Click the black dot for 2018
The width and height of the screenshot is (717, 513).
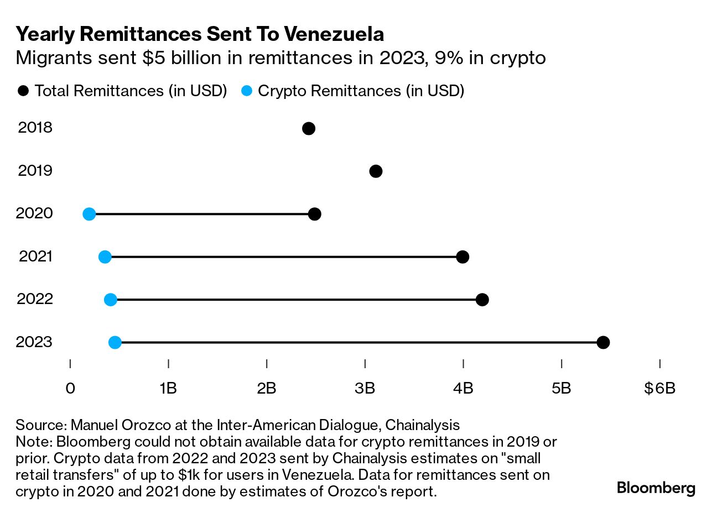309,129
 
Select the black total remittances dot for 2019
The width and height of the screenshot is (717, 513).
376,171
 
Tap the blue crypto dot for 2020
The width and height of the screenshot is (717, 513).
89,214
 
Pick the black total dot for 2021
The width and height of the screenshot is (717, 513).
463,256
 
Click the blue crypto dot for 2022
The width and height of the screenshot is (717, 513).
111,300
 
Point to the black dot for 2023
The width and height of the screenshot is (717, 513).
603,343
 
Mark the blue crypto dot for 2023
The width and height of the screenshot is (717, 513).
115,343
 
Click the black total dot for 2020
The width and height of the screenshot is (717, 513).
315,214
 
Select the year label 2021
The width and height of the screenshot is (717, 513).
35,256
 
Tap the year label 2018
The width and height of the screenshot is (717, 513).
35,128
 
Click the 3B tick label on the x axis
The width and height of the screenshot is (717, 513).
365,388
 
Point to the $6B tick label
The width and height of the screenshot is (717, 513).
659,388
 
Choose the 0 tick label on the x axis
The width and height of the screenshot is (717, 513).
70,388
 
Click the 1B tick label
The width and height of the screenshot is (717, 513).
168,388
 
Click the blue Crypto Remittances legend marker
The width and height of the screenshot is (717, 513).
247,91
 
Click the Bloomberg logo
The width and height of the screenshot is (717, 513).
656,488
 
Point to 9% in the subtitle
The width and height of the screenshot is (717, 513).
449,58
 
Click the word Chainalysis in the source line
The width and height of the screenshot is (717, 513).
422,425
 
